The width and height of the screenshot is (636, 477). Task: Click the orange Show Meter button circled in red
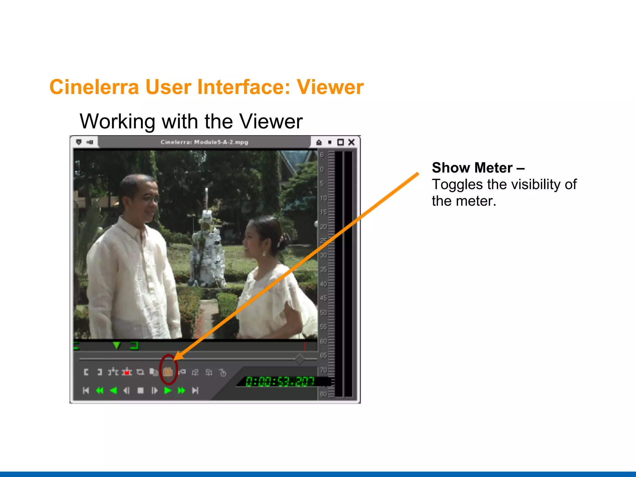point(168,371)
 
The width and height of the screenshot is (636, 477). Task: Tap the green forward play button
point(168,390)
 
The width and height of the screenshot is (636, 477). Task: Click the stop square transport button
point(141,390)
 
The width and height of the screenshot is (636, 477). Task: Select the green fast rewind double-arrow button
point(100,390)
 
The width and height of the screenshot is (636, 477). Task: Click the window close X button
point(351,142)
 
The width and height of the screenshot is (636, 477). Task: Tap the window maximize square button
point(341,142)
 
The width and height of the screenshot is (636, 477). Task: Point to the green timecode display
point(279,381)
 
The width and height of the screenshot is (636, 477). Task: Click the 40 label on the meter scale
point(323,284)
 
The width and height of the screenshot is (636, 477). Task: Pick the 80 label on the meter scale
point(323,394)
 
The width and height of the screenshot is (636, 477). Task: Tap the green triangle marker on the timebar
point(116,345)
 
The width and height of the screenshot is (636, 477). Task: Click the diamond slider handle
point(300,359)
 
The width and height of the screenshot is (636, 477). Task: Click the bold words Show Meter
point(472,168)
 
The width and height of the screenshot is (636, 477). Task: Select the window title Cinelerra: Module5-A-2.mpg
point(204,142)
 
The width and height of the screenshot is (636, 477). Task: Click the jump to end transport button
point(195,390)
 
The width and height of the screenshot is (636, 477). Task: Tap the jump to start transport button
point(86,390)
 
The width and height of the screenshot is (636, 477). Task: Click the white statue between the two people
point(207,248)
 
